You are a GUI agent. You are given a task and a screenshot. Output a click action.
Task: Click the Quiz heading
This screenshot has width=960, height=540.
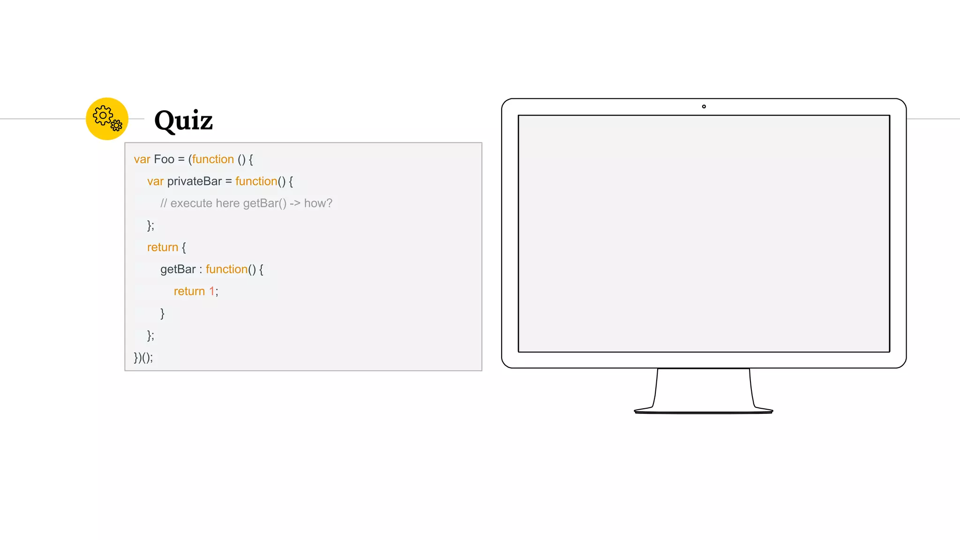[183, 120]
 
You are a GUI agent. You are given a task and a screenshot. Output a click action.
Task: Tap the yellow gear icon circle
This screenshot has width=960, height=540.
[107, 119]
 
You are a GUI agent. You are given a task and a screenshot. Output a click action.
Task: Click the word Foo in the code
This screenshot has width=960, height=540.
[164, 159]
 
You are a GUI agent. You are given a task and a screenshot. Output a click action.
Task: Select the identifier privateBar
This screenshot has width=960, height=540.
[194, 181]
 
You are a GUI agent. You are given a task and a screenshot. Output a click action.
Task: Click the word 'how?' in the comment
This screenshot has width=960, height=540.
[318, 203]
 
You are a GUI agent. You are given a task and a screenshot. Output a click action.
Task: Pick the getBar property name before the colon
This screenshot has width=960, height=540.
[178, 270]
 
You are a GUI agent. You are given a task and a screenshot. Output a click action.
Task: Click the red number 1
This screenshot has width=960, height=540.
[212, 292]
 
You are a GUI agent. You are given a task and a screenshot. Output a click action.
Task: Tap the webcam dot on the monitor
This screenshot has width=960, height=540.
[704, 107]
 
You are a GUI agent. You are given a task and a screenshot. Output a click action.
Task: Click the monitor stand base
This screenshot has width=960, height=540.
[703, 411]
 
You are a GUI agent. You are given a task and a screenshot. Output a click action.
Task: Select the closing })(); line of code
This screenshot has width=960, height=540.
[143, 358]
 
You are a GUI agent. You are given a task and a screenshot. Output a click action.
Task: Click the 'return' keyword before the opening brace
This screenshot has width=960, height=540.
[162, 247]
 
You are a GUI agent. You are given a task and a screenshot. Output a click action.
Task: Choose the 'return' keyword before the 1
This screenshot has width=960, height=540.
[189, 292]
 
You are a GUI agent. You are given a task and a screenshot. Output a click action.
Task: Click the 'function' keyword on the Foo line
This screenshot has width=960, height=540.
[213, 159]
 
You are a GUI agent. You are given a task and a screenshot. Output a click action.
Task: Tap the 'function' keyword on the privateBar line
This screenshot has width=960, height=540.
[256, 181]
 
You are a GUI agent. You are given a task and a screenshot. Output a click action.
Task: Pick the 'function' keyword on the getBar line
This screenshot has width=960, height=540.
[226, 270]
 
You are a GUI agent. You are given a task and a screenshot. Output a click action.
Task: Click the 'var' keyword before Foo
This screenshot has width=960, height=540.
[142, 159]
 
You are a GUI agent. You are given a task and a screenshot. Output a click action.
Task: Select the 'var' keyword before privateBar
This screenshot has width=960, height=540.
[155, 181]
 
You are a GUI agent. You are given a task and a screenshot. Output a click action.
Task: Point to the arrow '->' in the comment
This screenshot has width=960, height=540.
[295, 203]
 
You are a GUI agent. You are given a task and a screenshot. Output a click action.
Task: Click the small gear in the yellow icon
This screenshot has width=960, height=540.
[116, 125]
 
